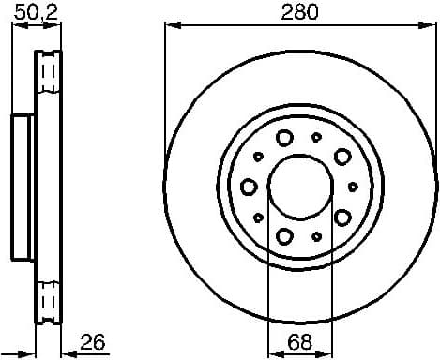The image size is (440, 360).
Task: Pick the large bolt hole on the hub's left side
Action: click(249, 186)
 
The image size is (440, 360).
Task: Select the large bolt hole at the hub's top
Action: click(284, 138)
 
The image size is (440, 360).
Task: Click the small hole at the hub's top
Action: click(314, 137)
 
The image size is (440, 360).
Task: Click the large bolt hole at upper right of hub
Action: click(342, 156)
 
